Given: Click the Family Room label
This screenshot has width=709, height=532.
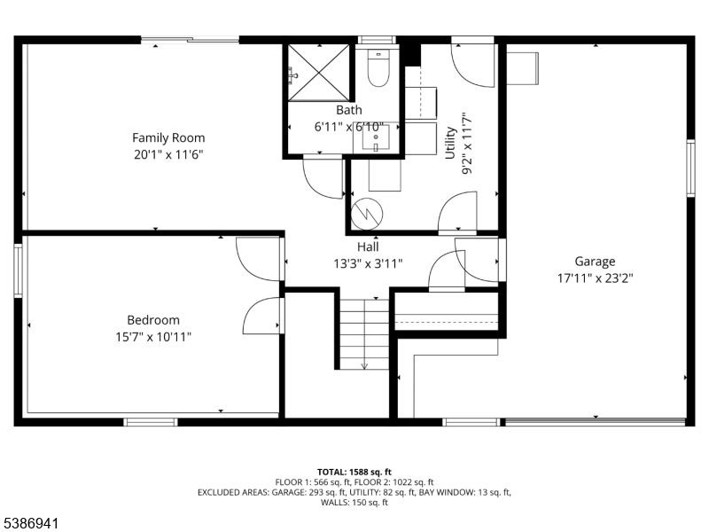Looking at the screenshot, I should [168, 137].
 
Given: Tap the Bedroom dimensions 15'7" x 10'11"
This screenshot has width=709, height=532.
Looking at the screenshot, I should [153, 336].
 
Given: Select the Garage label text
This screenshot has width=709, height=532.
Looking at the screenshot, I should [595, 261].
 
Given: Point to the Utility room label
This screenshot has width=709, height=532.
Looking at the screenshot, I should [450, 143].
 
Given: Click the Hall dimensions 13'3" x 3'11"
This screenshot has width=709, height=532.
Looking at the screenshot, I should [368, 263].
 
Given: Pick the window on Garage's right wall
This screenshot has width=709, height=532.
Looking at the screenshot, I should [690, 167].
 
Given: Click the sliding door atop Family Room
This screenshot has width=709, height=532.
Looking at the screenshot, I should [189, 39].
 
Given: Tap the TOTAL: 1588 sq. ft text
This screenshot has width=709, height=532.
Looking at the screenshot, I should [354, 471].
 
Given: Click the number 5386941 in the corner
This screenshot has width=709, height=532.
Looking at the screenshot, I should [31, 524].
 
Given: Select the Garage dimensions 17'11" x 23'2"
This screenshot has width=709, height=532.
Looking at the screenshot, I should [595, 277].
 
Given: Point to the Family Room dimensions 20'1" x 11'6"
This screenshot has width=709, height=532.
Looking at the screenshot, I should [168, 153].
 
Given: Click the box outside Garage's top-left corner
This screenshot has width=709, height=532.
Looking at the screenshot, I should [523, 68].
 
